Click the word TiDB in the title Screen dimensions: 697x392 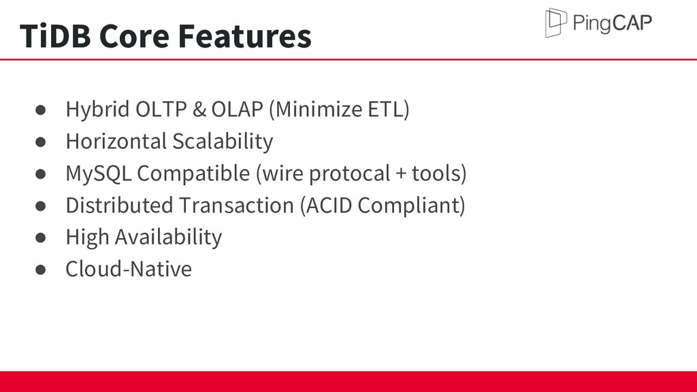tap(55, 35)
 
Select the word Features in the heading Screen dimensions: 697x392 tap(245, 35)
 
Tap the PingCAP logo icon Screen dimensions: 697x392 tap(556, 22)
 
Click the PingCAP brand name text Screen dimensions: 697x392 tap(613, 22)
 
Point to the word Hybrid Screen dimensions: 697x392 tap(98, 110)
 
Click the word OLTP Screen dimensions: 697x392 tap(161, 110)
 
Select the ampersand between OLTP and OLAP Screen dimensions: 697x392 tap(199, 110)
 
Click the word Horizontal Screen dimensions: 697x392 tap(116, 142)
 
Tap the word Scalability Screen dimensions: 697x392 tap(223, 142)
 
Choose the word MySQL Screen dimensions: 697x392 tap(99, 174)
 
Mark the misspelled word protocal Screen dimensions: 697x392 tap(350, 174)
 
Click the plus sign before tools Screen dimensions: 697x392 tap(401, 174)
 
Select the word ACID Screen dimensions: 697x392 tap(329, 206)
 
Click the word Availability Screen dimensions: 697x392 tap(169, 237)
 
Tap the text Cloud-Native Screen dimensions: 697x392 tap(129, 269)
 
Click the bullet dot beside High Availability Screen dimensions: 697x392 tap(40, 238)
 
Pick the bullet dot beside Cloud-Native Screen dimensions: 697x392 tap(40, 269)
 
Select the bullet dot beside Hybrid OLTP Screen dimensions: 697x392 tap(40, 110)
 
